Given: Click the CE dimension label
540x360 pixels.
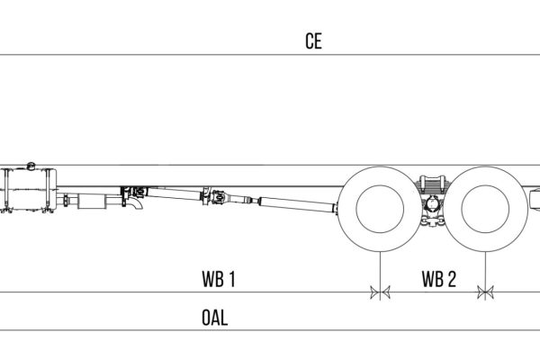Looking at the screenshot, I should click(312, 41).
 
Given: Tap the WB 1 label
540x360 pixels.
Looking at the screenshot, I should click(218, 279).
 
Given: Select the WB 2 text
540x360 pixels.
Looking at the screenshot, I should click(438, 279).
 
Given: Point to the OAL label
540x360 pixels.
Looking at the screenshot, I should click(215, 319).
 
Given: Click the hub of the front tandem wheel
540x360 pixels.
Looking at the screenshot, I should click(382, 210).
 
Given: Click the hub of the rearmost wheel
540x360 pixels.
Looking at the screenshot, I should click(487, 210).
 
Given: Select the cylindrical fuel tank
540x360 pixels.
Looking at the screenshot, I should click(31, 193).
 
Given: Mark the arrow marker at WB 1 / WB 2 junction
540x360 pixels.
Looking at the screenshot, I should click(382, 292).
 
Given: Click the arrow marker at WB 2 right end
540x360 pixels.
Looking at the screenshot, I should click(487, 292).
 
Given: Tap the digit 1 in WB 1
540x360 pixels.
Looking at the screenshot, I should click(231, 279).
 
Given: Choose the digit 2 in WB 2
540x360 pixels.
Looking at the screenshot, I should click(451, 279).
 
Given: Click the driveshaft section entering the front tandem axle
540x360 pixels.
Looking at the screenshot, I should click(297, 205).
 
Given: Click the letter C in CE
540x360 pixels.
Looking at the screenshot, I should click(308, 41).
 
